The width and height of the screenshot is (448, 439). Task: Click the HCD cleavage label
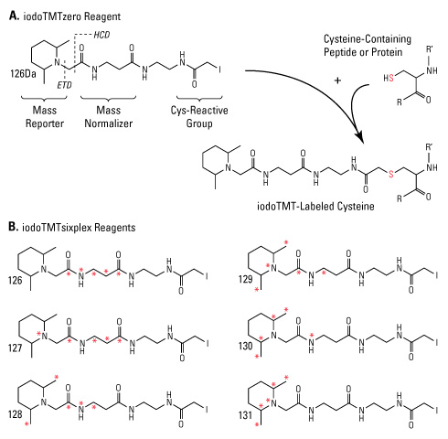coord(101,35)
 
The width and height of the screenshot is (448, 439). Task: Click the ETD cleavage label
coord(64,85)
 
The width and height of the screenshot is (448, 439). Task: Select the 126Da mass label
coord(23,74)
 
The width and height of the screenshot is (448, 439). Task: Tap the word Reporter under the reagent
coord(45,123)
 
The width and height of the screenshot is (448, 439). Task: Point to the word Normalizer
coord(109,123)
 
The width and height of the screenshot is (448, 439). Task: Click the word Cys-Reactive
coord(199,110)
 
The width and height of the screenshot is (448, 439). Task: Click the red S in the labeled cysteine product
coord(390,174)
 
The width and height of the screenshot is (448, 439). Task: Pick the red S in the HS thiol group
coord(391,79)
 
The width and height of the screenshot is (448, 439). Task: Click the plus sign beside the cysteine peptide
coord(337,80)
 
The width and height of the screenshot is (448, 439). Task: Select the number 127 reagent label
coord(16,348)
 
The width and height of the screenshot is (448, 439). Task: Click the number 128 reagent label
coord(16,414)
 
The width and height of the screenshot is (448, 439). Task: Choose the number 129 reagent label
coord(246,279)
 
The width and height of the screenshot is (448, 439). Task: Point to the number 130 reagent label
coord(246,346)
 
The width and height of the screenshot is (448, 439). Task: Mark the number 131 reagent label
coord(246,415)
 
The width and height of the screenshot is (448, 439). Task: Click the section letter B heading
coord(12,227)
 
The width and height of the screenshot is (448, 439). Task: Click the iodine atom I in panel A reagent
coord(219,70)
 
